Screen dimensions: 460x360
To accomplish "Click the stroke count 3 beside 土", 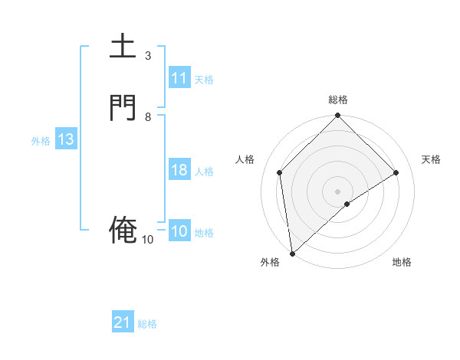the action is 147,56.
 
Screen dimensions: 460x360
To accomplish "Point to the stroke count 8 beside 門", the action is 147,117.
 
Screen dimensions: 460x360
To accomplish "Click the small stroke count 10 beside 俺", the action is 147,240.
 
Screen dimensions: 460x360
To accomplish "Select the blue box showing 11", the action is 179,78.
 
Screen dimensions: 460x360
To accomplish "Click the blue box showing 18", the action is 179,170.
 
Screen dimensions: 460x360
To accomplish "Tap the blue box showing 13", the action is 66,139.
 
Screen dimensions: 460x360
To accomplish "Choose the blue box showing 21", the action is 123,322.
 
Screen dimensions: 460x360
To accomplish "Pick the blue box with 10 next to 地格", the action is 179,231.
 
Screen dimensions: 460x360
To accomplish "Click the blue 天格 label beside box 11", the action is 204,79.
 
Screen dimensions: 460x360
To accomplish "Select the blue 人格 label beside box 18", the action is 204,171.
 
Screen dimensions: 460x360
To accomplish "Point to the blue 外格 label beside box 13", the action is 41,140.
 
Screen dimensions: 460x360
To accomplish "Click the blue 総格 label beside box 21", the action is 147,323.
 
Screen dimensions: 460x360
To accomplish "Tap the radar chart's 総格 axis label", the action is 338,100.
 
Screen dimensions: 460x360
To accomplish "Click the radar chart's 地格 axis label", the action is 402,262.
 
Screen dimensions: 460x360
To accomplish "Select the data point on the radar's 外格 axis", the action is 291,253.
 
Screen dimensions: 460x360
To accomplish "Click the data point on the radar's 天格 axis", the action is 396,172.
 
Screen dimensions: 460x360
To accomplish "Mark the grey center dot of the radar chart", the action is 338,191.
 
